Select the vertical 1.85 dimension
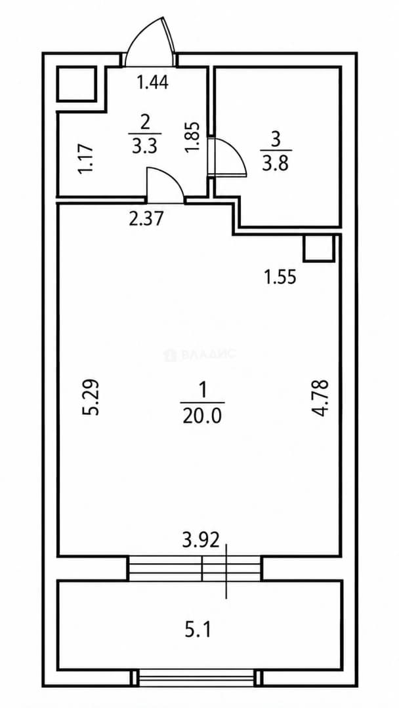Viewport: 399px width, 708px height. click(x=193, y=137)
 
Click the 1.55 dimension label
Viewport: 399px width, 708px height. click(x=280, y=277)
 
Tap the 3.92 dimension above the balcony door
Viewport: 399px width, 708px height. click(x=201, y=540)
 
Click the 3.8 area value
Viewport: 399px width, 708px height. click(x=275, y=164)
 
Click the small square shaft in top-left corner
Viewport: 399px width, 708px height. click(x=76, y=84)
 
